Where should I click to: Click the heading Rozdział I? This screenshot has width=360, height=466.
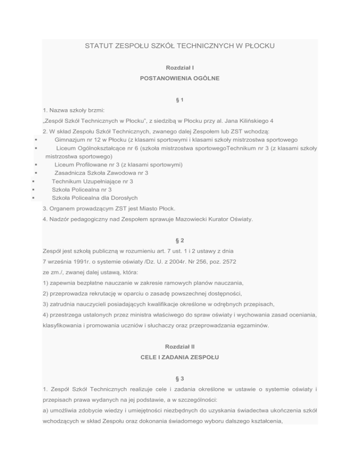click(x=180, y=68)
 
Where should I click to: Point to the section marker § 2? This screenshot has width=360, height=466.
click(x=180, y=239)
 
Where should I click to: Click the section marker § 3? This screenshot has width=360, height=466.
click(x=180, y=378)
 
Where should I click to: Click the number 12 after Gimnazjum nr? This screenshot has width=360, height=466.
click(x=100, y=140)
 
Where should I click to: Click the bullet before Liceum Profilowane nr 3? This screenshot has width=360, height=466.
click(x=36, y=165)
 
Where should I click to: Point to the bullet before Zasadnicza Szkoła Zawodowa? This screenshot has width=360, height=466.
click(x=36, y=173)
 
